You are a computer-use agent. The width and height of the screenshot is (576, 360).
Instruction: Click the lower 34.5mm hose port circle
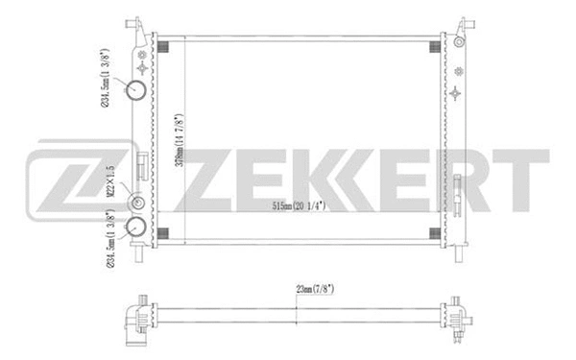point(136,228)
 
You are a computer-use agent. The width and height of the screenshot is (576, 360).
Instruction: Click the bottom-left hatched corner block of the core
point(163,234)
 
